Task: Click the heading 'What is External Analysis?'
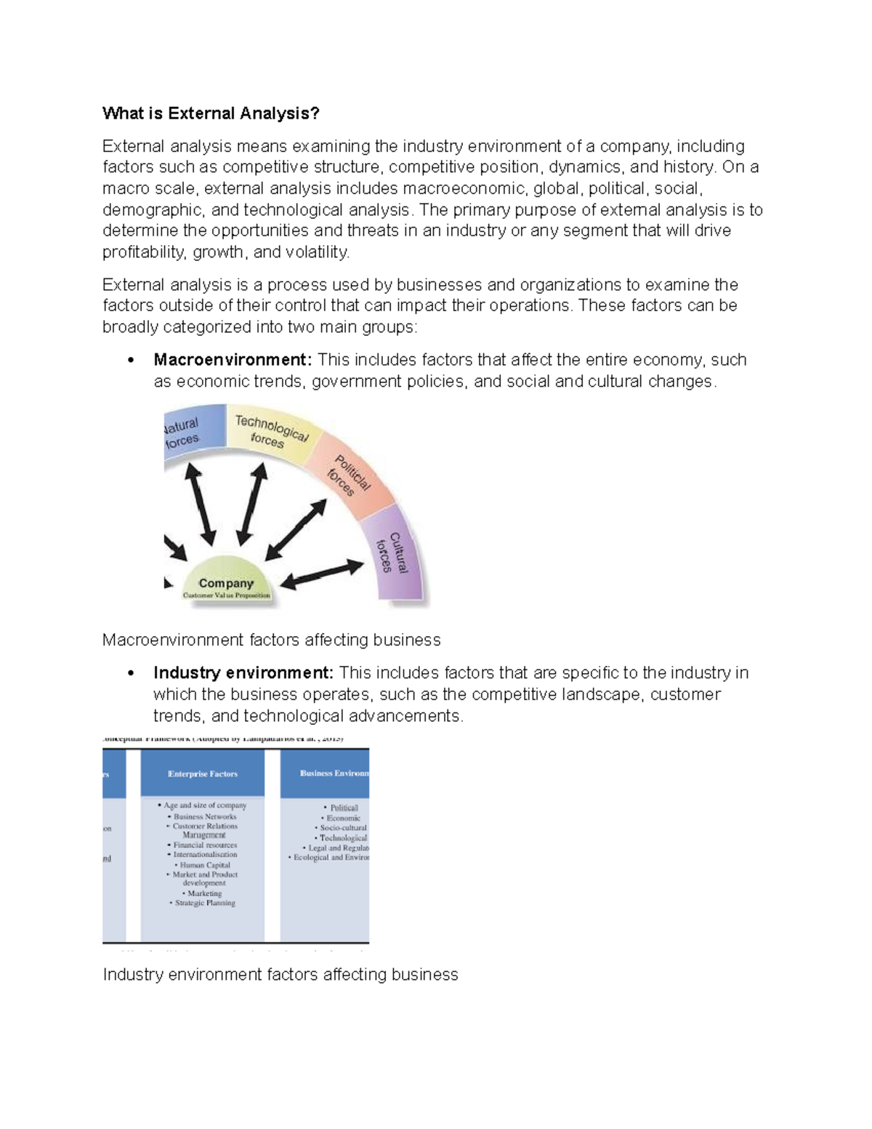point(211,113)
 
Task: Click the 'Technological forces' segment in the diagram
point(269,430)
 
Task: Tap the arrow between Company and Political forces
point(296,530)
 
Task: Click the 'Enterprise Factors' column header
point(203,774)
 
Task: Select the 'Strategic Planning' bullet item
point(205,903)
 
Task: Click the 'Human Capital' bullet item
point(204,865)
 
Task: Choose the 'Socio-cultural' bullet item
point(343,828)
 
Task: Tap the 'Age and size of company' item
point(204,805)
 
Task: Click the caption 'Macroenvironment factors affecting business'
point(272,640)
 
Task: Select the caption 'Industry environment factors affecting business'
point(280,975)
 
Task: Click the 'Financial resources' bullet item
point(204,845)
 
